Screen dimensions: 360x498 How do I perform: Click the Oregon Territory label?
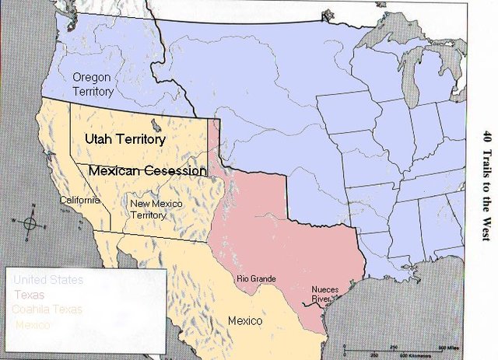(93, 84)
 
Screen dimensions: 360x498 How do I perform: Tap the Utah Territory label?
(124, 140)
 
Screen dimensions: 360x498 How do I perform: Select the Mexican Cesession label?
(148, 170)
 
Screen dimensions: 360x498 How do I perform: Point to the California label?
(81, 201)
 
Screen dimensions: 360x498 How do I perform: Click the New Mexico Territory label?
(156, 209)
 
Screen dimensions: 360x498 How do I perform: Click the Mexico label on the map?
(244, 320)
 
